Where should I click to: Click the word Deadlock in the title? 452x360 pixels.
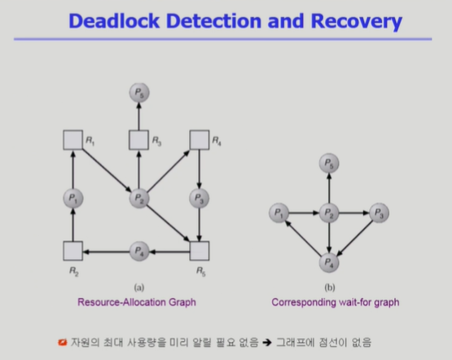point(114,21)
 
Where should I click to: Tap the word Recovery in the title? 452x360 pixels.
point(356,22)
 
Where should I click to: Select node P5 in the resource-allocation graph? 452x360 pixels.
point(139,93)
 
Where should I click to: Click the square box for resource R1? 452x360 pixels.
point(73,140)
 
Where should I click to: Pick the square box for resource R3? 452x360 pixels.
point(139,140)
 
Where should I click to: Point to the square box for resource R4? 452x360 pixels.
point(200,140)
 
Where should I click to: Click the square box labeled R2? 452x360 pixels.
point(73,251)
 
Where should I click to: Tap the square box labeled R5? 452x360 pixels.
point(200,251)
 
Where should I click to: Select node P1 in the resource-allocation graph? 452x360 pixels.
point(73,198)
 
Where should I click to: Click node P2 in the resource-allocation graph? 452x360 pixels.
point(139,198)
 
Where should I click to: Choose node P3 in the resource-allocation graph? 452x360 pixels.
point(200,198)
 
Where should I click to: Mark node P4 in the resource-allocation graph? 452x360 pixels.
point(139,252)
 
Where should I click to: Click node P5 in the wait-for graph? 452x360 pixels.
point(329,163)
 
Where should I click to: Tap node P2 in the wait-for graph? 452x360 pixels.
point(329,213)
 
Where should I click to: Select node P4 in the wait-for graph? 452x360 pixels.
point(329,262)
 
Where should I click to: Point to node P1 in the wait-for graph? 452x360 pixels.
point(279,213)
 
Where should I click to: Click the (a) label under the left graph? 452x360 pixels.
point(139,288)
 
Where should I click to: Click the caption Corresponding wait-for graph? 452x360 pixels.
point(336,302)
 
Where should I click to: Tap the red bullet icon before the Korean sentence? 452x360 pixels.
point(62,342)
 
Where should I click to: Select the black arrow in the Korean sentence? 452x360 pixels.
point(267,342)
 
